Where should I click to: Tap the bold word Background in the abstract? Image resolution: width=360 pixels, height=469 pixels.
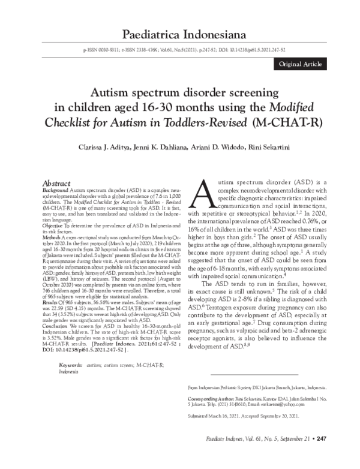(x=55, y=189)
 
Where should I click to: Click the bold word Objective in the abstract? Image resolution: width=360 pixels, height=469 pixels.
(x=53, y=225)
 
